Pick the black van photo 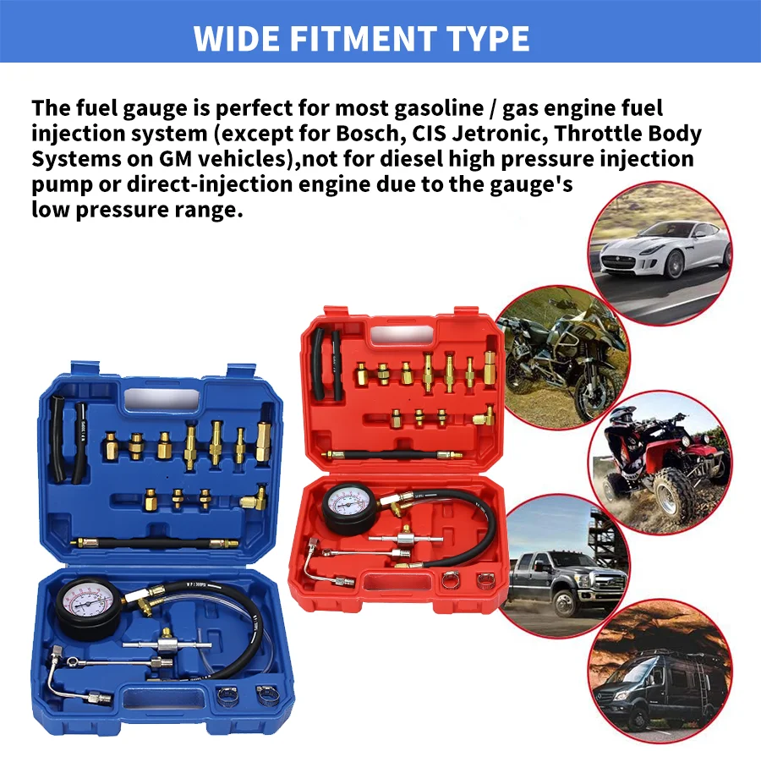tap(660, 677)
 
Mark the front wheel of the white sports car tap(675, 264)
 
